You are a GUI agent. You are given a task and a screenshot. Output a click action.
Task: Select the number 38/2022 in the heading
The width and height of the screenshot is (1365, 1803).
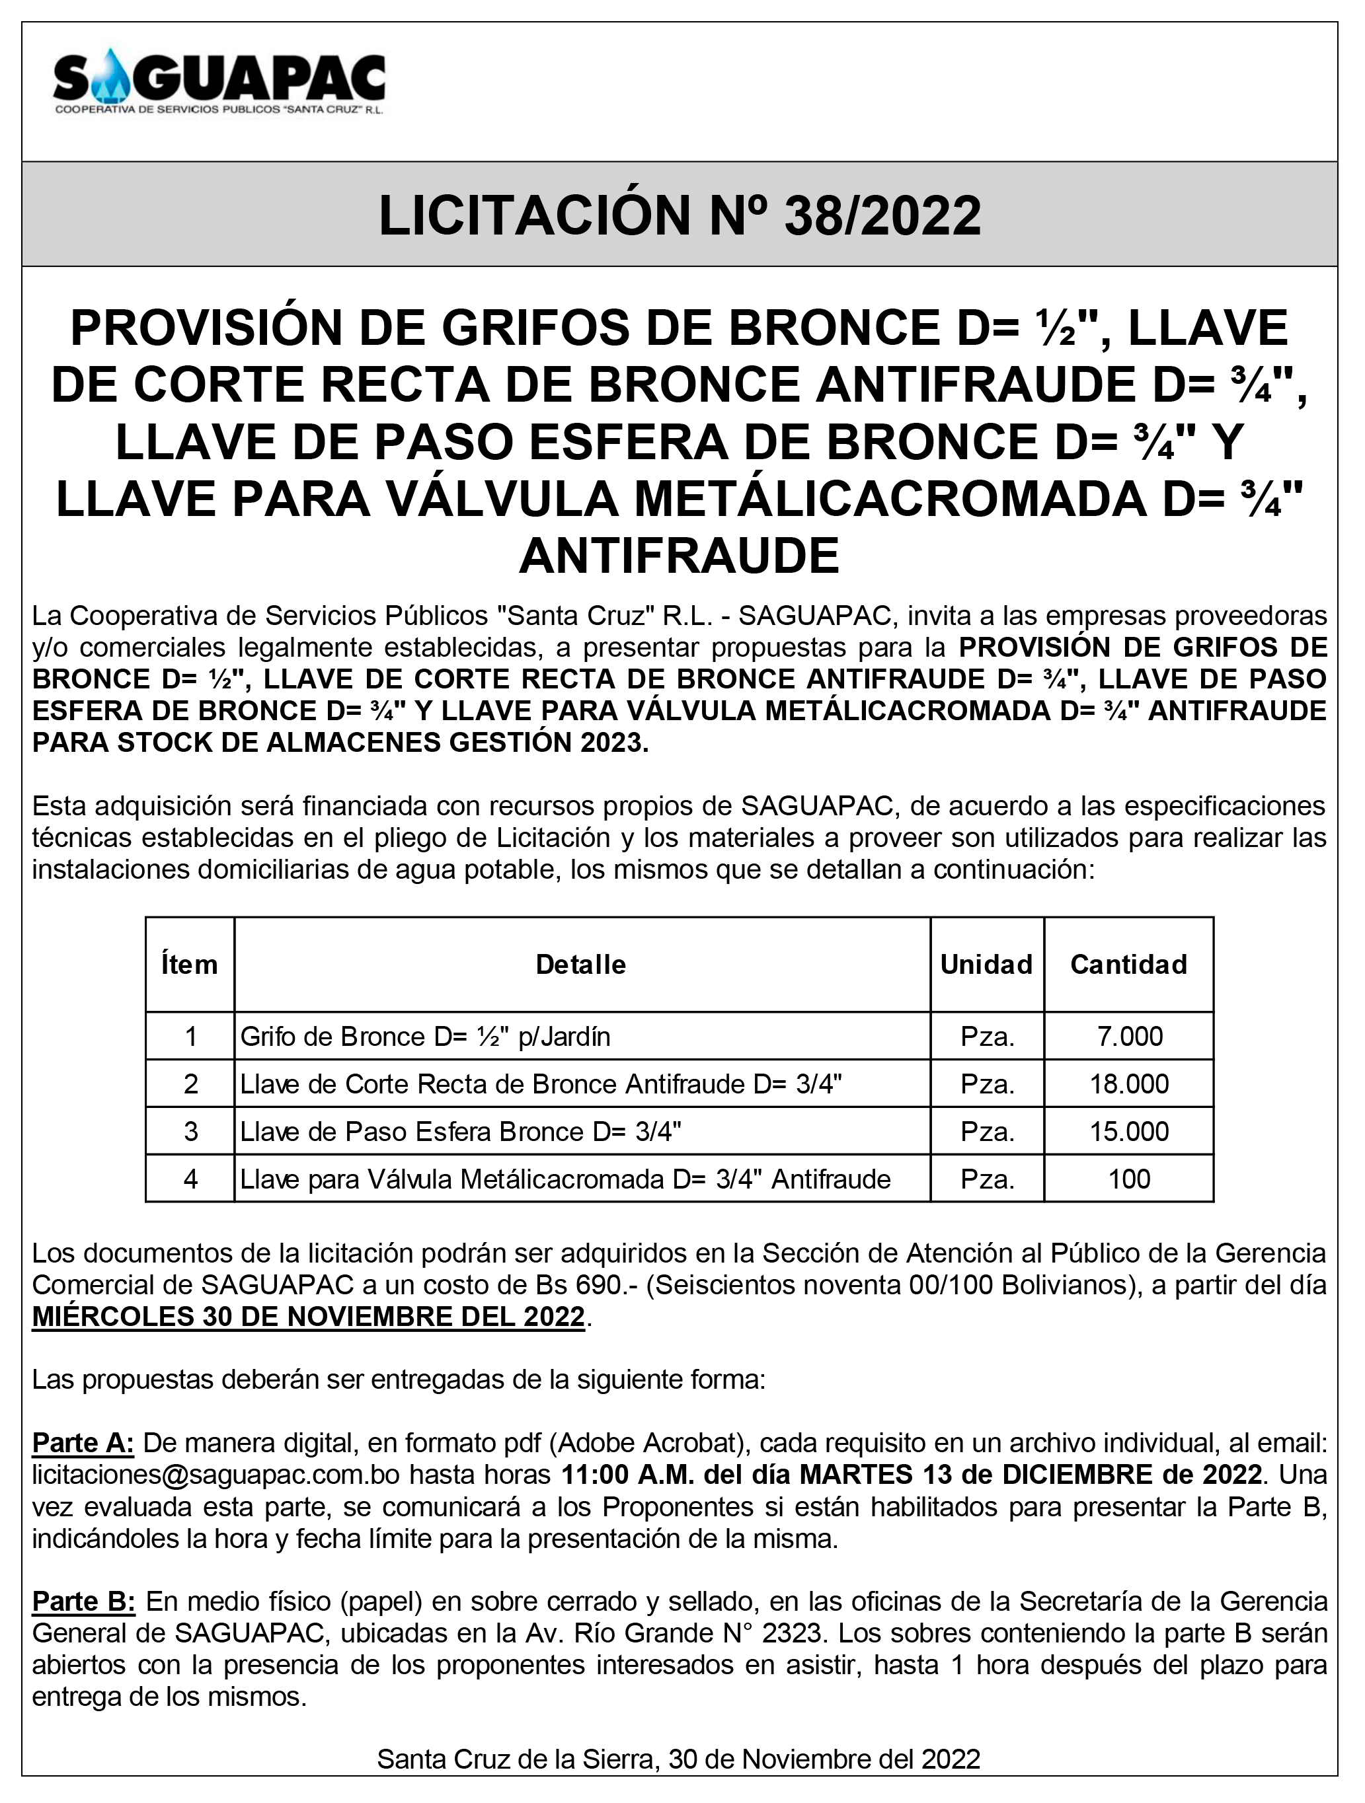882,216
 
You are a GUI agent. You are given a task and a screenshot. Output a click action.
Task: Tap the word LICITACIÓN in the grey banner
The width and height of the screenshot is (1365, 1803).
535,216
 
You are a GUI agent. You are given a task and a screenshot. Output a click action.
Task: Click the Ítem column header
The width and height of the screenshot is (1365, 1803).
190,965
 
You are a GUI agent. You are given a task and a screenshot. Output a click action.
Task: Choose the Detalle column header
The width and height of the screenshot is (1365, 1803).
580,965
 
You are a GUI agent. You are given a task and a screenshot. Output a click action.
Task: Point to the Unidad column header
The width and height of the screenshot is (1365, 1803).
987,965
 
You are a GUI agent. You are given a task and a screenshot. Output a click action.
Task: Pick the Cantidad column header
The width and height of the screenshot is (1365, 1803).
1128,965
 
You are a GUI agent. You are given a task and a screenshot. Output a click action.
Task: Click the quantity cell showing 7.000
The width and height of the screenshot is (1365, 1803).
1129,1037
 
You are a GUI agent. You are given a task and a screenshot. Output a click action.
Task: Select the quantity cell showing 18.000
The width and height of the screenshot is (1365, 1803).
1129,1084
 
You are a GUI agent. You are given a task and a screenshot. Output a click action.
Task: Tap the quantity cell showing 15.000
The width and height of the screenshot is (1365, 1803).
1129,1131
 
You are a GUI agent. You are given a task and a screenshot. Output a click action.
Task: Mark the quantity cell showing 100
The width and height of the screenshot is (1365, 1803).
1129,1179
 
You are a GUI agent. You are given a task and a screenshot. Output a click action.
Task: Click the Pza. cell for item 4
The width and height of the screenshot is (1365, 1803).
988,1179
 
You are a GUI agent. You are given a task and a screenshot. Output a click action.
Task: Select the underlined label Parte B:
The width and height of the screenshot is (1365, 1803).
83,1601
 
